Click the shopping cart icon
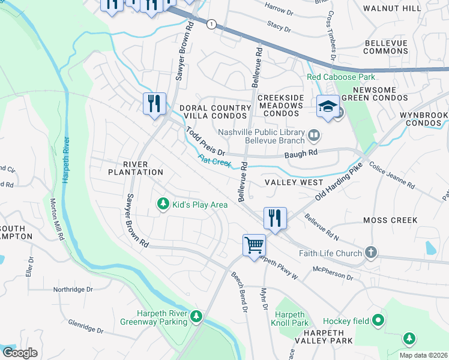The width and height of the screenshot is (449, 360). click(x=254, y=245)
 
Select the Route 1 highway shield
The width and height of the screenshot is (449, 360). click(x=211, y=24)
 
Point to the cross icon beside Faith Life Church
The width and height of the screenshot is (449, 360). click(x=371, y=253)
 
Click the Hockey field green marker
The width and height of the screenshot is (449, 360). click(x=378, y=321)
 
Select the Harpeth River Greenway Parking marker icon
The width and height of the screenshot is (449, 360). click(x=196, y=316)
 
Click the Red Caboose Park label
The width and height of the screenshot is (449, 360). click(x=340, y=77)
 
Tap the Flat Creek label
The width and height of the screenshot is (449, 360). click(x=215, y=162)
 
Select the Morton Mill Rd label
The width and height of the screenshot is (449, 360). click(x=57, y=220)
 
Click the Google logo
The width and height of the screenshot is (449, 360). click(x=20, y=352)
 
